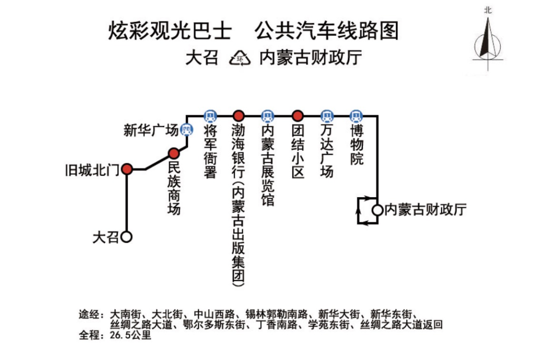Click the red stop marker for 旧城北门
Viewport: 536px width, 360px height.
click(127, 169)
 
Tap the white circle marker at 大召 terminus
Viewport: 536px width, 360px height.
click(127, 237)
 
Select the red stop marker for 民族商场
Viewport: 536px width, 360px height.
click(174, 153)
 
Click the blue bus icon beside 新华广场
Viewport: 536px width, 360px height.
click(187, 130)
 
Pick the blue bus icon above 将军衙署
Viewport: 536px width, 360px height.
click(210, 116)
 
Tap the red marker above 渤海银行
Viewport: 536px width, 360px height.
click(238, 116)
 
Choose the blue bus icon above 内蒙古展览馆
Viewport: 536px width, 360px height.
click(268, 116)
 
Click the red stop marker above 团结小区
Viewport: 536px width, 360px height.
click(298, 116)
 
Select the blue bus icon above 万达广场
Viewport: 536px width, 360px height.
click(327, 116)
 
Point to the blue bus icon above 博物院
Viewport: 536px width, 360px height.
click(356, 116)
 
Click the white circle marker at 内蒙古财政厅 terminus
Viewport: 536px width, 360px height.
click(377, 210)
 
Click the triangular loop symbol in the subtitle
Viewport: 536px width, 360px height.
click(240, 58)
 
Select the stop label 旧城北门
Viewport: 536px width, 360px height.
click(92, 170)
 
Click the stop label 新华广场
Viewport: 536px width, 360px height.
click(151, 130)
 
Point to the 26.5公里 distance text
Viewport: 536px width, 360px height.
click(130, 335)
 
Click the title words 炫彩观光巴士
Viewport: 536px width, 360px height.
click(170, 31)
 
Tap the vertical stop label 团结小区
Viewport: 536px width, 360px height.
click(298, 151)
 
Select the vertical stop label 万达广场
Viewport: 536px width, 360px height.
click(327, 151)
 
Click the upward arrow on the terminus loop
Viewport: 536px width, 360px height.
click(358, 211)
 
